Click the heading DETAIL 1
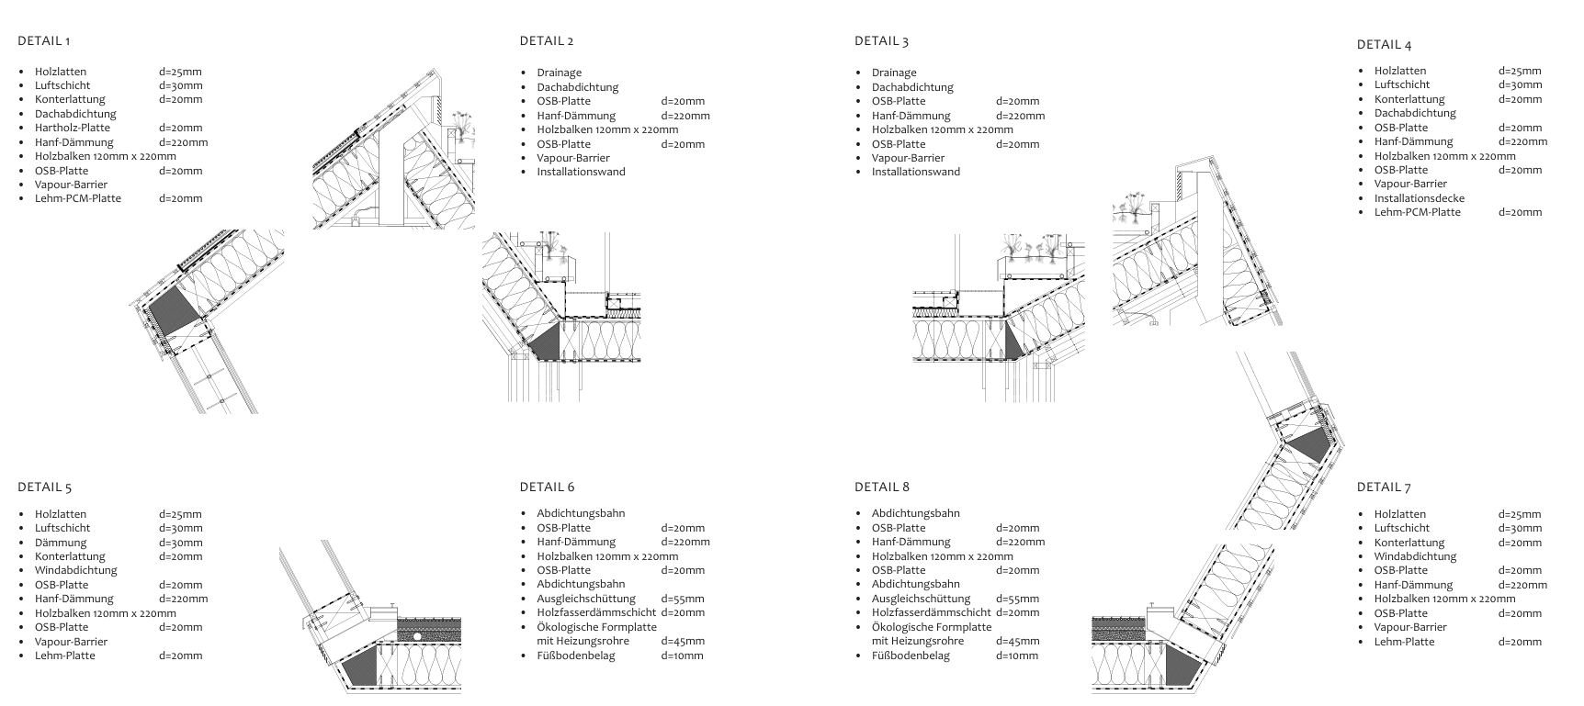[43, 40]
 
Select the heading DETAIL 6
[547, 487]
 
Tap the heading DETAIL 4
[1384, 44]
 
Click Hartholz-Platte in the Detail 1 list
[72, 128]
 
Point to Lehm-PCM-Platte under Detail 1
[77, 198]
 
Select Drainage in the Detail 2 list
[559, 73]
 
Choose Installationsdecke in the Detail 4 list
[1419, 198]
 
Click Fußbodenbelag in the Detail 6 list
[575, 656]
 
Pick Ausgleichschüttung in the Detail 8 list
[921, 599]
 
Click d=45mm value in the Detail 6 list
[682, 642]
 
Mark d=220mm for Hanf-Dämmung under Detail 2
[685, 116]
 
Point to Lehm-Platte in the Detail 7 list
[1404, 642]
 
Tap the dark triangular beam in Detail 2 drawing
[545, 343]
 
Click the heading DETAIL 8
[881, 487]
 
